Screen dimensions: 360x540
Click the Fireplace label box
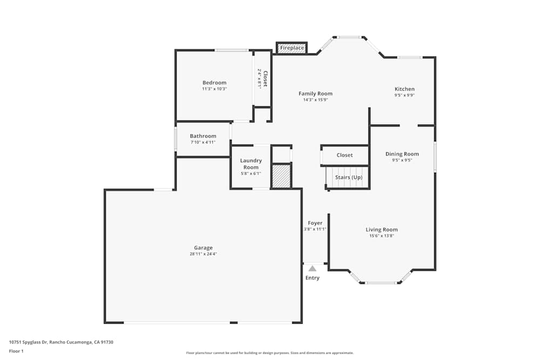tap(292, 48)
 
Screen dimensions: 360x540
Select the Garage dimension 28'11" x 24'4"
tap(203, 254)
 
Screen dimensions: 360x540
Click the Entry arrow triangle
tap(312, 268)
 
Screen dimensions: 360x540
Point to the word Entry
tap(312, 278)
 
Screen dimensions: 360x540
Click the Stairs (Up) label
tap(348, 177)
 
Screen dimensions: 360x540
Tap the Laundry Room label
tap(251, 164)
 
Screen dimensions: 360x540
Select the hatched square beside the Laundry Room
tap(281, 176)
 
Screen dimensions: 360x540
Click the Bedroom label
tap(214, 83)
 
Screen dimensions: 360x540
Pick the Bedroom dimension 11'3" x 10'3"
tap(214, 89)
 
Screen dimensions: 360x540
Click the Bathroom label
tap(202, 136)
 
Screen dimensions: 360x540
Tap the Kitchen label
tap(404, 89)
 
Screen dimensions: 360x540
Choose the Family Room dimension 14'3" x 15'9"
tap(315, 100)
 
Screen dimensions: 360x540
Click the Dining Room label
tap(402, 154)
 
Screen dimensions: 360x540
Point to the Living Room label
tap(381, 229)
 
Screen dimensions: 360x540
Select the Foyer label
tap(315, 223)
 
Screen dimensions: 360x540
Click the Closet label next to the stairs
tap(345, 155)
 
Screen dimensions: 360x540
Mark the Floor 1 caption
tap(16, 351)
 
